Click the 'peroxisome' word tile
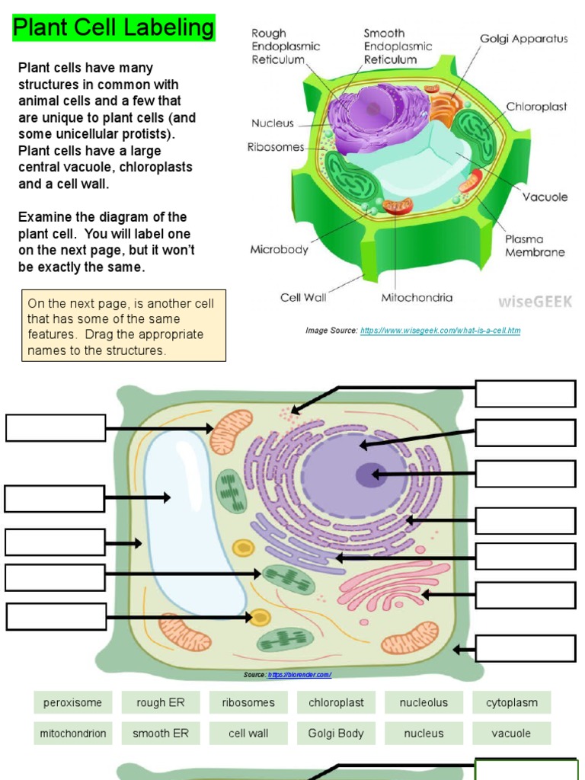[72, 702]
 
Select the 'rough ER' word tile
[160, 702]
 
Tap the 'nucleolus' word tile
[424, 702]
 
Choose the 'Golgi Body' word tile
[336, 734]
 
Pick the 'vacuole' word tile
[511, 734]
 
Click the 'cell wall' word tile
[248, 734]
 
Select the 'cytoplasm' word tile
[512, 702]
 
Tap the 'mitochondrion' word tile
[73, 734]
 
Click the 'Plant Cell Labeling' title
[114, 28]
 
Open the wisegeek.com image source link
[440, 331]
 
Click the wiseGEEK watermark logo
[535, 300]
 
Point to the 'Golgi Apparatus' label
[523, 39]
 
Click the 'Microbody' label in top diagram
[279, 249]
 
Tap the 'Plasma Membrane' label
[535, 245]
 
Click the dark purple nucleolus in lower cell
[366, 475]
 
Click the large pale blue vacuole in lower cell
[190, 518]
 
